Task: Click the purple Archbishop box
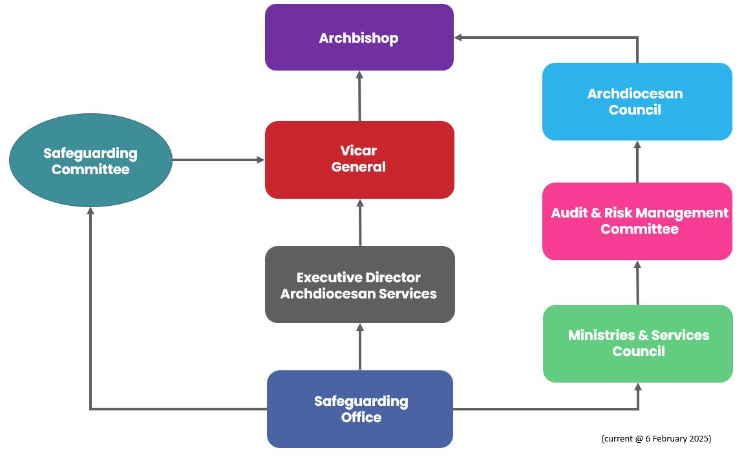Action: [359, 38]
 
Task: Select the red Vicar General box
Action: [359, 159]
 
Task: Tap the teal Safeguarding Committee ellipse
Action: [90, 161]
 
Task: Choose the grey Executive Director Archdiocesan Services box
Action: [359, 285]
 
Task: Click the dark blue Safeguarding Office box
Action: [360, 409]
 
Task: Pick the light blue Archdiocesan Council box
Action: [637, 102]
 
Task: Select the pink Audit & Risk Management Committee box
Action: [637, 221]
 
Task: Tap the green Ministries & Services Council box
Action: [637, 343]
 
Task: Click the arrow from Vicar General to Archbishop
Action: [359, 96]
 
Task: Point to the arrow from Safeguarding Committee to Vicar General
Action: [218, 159]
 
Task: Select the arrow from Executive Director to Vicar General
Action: [359, 223]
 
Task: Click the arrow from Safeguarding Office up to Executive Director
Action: [359, 347]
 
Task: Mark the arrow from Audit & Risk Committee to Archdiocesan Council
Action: [637, 162]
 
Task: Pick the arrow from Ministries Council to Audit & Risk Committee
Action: [637, 283]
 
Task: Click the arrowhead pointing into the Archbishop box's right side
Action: [458, 38]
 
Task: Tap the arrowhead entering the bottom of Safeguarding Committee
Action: [90, 211]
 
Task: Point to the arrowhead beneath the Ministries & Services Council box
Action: [638, 387]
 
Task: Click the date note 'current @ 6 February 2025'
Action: [655, 438]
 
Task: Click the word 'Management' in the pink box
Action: [682, 213]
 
